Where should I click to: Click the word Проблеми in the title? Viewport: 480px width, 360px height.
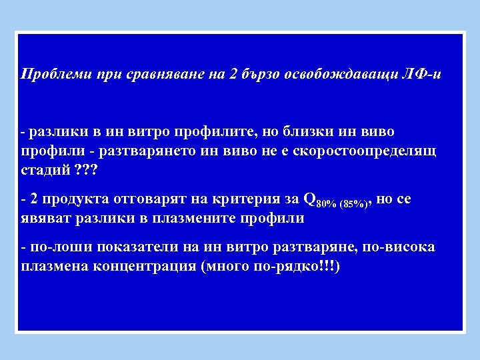tap(51, 73)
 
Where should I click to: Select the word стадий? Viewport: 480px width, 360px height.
tap(45, 170)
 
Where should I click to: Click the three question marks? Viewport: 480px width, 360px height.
tap(85, 170)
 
